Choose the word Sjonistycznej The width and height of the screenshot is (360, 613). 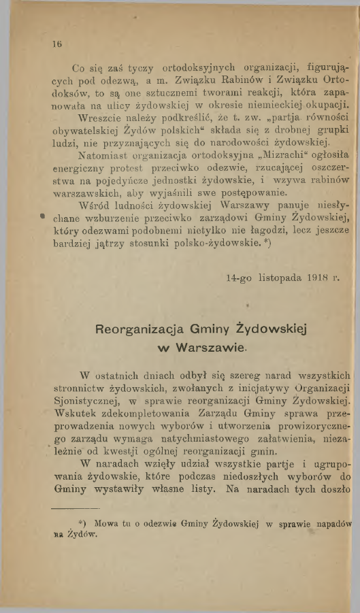91,401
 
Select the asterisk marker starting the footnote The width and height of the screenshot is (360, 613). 81,523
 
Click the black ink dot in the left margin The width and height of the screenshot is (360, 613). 43,218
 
